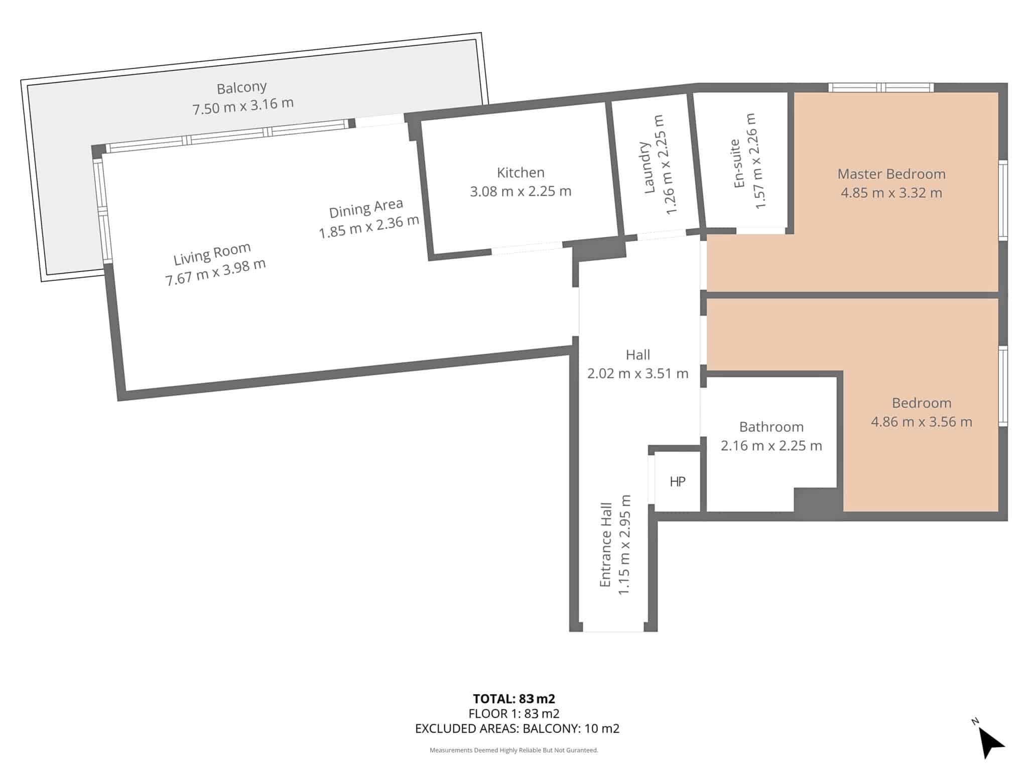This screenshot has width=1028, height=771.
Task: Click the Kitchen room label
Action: click(521, 173)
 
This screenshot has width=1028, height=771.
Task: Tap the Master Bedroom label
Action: click(891, 174)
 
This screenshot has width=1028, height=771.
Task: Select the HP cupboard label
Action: click(677, 482)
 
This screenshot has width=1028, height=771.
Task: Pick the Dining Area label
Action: click(366, 208)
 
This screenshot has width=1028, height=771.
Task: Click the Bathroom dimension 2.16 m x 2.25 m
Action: click(772, 446)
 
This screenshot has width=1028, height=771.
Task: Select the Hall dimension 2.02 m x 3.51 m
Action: click(638, 373)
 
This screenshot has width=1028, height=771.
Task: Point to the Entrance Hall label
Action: click(606, 545)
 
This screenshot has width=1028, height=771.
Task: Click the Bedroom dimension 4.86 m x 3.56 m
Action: click(922, 422)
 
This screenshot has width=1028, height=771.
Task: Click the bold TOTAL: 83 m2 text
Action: click(514, 699)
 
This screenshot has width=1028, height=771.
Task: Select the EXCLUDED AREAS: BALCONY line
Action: click(518, 728)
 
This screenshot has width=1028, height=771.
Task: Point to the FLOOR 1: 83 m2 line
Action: click(514, 713)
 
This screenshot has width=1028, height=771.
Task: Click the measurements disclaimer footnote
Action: click(514, 750)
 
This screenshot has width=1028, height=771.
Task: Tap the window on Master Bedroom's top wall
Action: click(881, 87)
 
